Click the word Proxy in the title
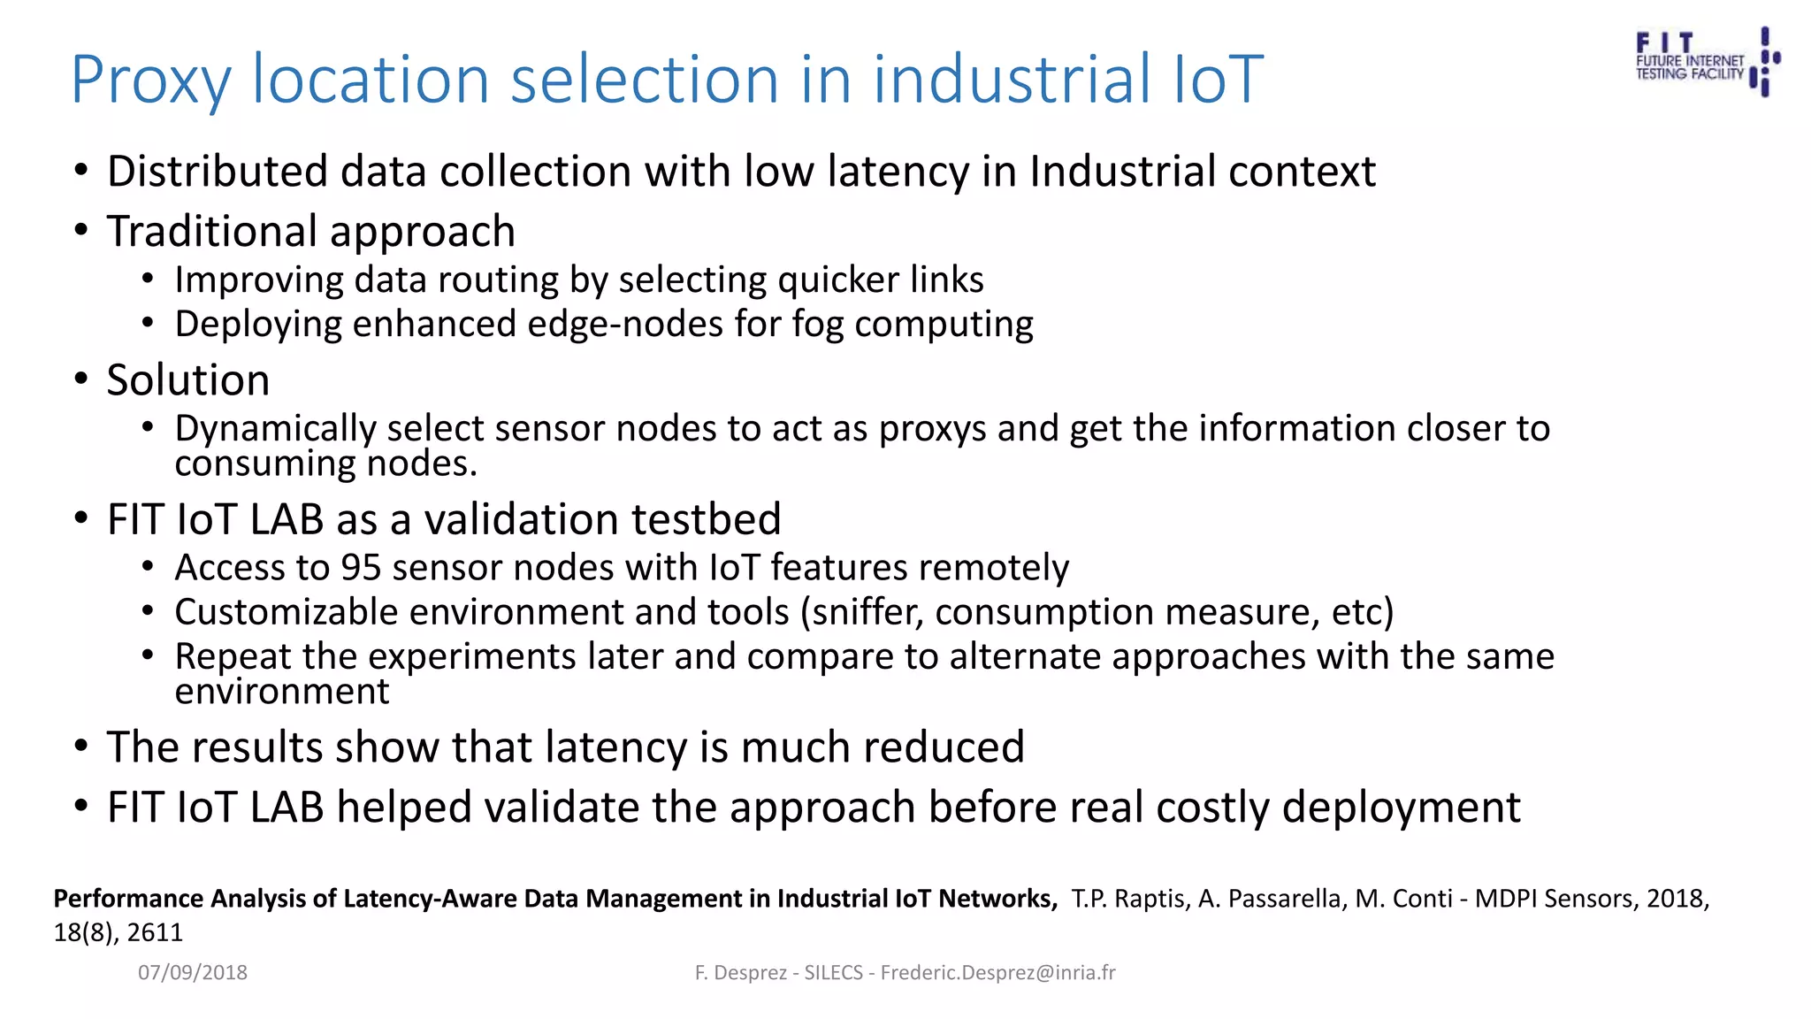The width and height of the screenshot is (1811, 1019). tap(150, 81)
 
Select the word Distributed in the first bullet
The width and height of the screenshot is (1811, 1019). tap(218, 172)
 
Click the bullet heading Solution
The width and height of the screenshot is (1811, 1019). tap(187, 380)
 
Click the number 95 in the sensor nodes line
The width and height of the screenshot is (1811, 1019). tap(361, 568)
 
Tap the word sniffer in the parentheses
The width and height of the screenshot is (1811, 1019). tap(867, 612)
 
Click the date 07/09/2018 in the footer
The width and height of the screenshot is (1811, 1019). tap(193, 973)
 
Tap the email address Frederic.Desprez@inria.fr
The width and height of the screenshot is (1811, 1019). tap(997, 973)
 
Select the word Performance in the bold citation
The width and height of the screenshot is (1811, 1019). tap(129, 899)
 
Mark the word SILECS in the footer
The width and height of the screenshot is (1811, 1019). tap(833, 973)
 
